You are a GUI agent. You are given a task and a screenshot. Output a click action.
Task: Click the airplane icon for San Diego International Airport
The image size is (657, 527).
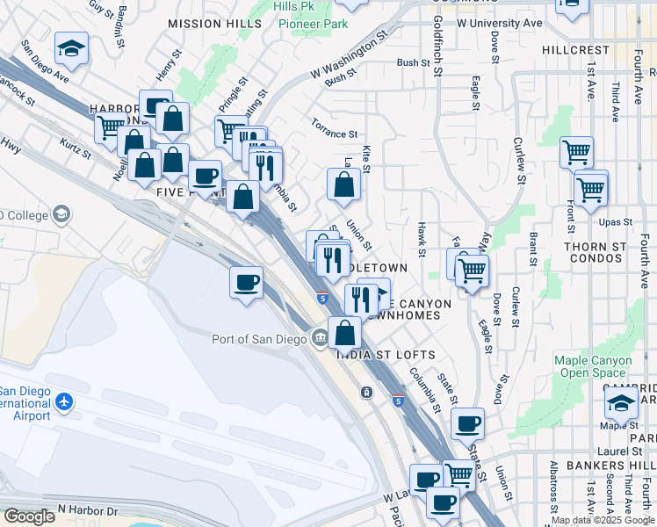63,401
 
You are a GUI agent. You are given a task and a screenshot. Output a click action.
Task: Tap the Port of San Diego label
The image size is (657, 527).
261,339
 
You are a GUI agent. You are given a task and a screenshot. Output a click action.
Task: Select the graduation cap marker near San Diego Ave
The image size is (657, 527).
72,49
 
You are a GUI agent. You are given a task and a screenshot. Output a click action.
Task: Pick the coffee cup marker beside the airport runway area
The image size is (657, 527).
247,283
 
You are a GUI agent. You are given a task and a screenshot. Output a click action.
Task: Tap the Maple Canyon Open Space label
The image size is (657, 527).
593,366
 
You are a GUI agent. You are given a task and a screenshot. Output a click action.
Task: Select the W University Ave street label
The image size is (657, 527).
500,23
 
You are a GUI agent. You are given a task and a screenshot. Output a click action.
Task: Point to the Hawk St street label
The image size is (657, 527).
422,240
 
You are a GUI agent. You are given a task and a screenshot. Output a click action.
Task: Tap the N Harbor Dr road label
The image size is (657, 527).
88,510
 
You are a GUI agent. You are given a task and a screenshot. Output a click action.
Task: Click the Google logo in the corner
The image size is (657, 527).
29,516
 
